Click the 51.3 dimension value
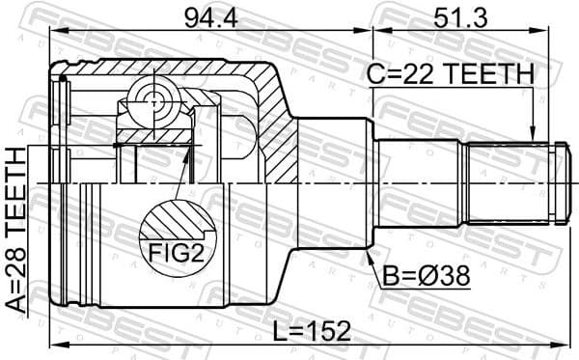[458, 15]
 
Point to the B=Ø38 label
[425, 276]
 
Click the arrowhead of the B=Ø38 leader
[372, 254]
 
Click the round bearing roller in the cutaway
[152, 99]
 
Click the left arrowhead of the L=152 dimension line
[56, 345]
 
